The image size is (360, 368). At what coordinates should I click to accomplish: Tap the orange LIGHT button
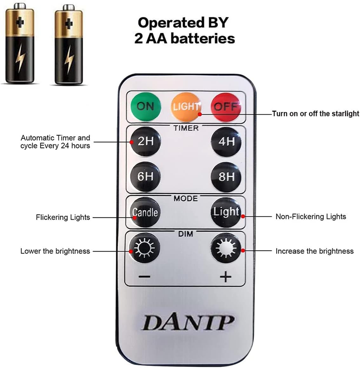click(186, 107)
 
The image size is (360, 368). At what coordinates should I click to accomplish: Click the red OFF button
click(226, 107)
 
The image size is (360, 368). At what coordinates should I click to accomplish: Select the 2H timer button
click(145, 141)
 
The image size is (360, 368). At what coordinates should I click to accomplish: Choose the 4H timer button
click(226, 141)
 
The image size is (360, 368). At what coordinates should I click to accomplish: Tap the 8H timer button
click(226, 177)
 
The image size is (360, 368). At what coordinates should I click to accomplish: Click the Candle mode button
click(145, 212)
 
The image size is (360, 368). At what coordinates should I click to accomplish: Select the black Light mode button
click(226, 212)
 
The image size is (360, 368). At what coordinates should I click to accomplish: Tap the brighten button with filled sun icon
click(226, 248)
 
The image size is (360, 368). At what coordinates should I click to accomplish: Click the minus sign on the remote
click(144, 277)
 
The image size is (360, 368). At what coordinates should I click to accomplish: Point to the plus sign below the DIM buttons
click(225, 277)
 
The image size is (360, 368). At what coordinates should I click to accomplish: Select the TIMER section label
click(186, 128)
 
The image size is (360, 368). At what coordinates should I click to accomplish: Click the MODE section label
click(186, 199)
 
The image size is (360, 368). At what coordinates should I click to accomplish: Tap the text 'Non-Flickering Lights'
click(310, 217)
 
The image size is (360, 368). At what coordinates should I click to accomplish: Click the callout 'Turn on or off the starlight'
click(316, 114)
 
